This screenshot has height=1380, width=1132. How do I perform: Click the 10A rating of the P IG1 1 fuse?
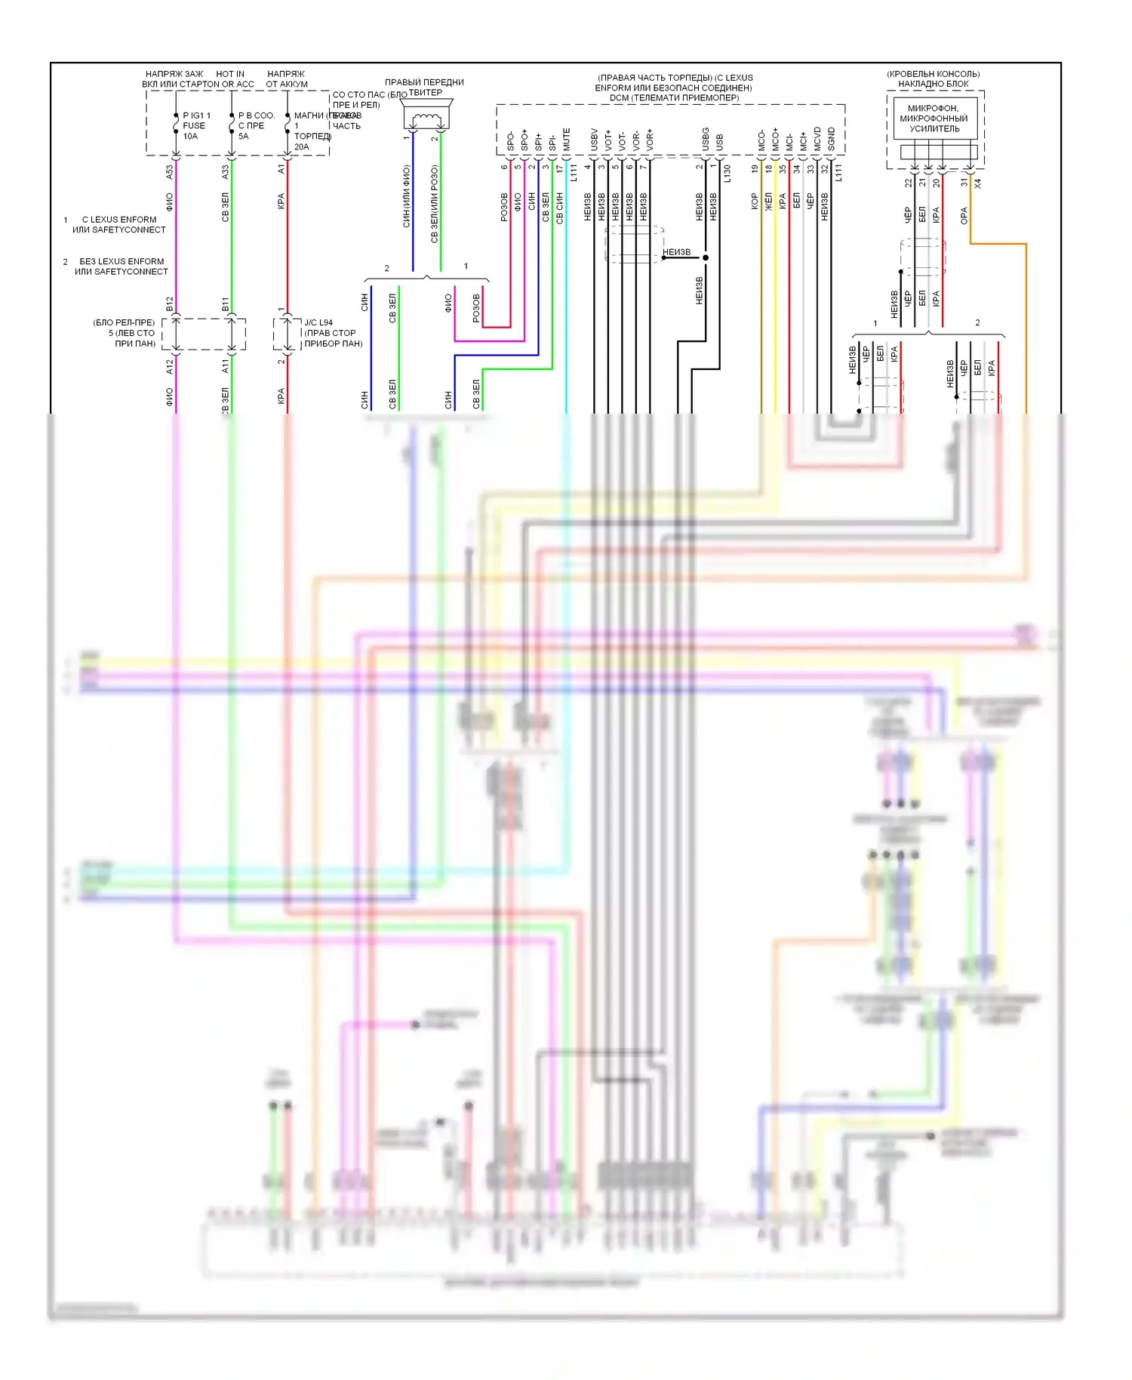tap(190, 137)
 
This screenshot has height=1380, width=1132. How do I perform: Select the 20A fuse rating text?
tap(301, 147)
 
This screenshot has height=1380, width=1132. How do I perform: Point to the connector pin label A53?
tap(170, 172)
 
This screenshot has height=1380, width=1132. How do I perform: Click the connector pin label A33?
tap(225, 172)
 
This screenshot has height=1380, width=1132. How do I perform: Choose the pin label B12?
tap(170, 303)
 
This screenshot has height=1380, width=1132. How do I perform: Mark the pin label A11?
tap(225, 366)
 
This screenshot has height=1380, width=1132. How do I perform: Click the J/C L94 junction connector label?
tap(318, 322)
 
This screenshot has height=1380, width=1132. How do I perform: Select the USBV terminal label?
tap(594, 140)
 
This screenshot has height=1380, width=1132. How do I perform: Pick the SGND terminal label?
tap(831, 140)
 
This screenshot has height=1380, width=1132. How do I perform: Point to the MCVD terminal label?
tap(817, 140)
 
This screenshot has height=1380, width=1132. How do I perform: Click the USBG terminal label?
tap(706, 139)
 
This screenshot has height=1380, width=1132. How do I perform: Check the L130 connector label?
tap(727, 174)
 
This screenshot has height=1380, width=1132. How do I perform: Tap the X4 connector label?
tap(978, 183)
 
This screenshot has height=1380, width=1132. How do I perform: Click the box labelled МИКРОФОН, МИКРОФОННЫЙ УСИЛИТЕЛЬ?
tap(934, 119)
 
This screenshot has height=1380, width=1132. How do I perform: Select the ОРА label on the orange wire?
tap(964, 216)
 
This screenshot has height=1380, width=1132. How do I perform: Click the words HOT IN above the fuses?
tap(230, 74)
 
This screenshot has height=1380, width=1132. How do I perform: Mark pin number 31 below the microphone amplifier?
tap(964, 183)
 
